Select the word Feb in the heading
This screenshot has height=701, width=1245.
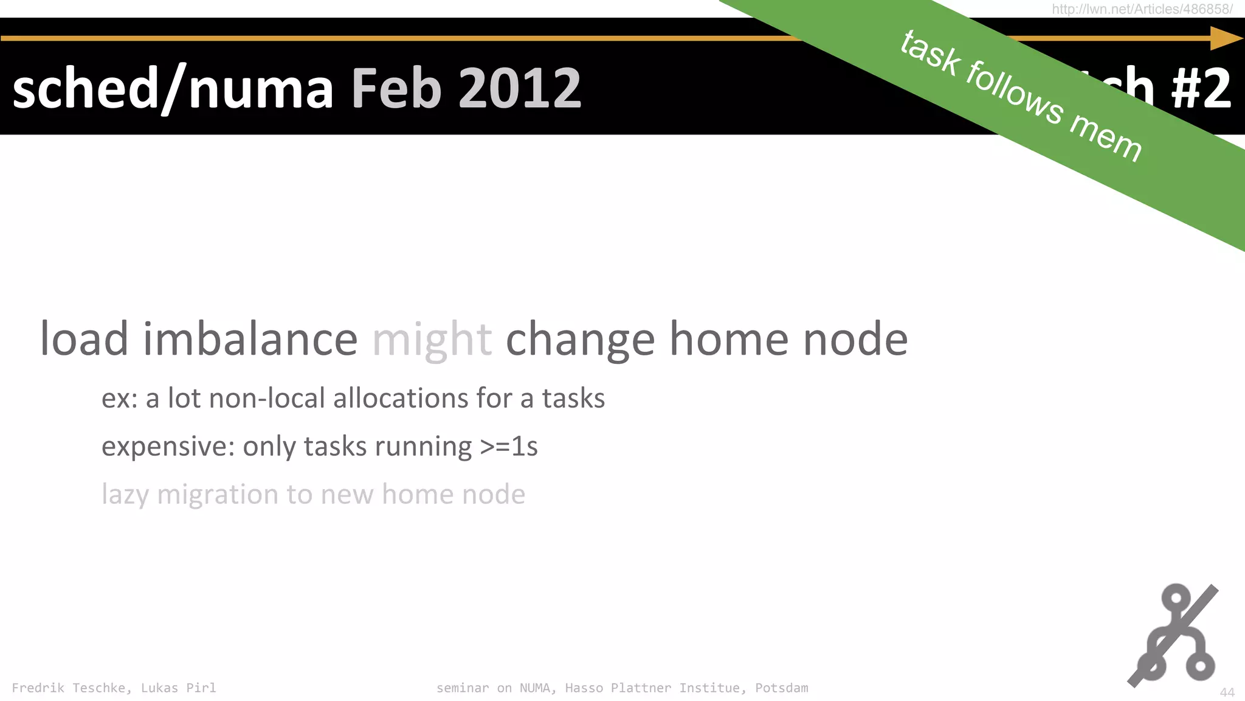[x=396, y=89]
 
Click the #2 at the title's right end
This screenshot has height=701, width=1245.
[x=1201, y=89]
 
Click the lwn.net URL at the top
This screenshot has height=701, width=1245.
[x=1142, y=9]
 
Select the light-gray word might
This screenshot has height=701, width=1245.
[x=432, y=340]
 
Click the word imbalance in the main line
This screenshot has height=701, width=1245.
[x=250, y=340]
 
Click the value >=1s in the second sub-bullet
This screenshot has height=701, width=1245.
[x=508, y=447]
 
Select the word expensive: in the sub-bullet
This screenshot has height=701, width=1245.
[x=168, y=447]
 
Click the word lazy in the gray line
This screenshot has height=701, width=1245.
[x=125, y=495]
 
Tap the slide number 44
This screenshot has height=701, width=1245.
[x=1227, y=692]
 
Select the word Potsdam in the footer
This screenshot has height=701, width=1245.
[x=781, y=688]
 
